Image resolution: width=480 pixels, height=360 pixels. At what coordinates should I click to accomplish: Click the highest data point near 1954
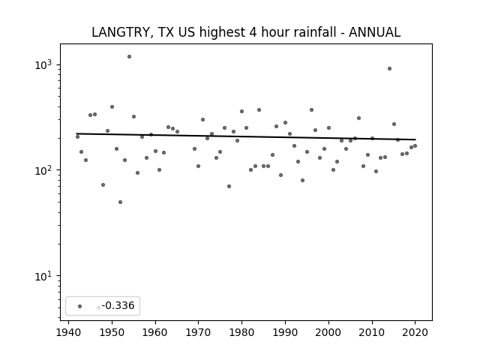pyautogui.click(x=129, y=57)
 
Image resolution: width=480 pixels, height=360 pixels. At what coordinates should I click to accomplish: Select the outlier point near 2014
pyautogui.click(x=389, y=68)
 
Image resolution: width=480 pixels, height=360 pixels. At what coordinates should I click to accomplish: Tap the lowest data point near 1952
pyautogui.click(x=120, y=202)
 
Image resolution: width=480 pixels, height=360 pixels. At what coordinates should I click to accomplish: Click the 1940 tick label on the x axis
pyautogui.click(x=68, y=332)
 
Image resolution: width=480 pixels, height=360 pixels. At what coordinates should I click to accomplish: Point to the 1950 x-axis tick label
pyautogui.click(x=112, y=332)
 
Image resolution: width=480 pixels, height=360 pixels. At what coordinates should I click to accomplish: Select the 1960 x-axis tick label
pyautogui.click(x=155, y=332)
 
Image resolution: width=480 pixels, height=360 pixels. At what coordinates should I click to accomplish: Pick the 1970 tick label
pyautogui.click(x=198, y=332)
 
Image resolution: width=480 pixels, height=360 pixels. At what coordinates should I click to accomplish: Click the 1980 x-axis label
pyautogui.click(x=241, y=332)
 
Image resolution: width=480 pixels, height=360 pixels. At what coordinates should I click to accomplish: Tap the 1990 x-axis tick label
pyautogui.click(x=285, y=332)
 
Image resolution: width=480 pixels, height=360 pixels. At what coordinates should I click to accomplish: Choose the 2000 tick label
pyautogui.click(x=328, y=332)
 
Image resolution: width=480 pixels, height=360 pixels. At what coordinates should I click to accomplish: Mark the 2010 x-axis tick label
pyautogui.click(x=372, y=332)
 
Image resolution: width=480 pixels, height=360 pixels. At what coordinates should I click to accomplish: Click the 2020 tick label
pyautogui.click(x=415, y=332)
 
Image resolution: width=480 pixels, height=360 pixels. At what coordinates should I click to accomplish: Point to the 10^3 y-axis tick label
pyautogui.click(x=43, y=64)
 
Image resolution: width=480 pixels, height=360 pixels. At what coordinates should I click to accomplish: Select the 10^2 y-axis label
pyautogui.click(x=43, y=170)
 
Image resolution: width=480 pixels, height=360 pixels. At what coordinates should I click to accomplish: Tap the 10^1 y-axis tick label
pyautogui.click(x=43, y=276)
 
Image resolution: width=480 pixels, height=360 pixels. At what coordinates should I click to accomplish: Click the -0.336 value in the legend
pyautogui.click(x=118, y=305)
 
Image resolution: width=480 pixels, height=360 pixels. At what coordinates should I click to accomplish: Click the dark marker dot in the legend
pyautogui.click(x=80, y=306)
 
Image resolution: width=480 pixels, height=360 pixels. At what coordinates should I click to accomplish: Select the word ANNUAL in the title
pyautogui.click(x=374, y=32)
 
